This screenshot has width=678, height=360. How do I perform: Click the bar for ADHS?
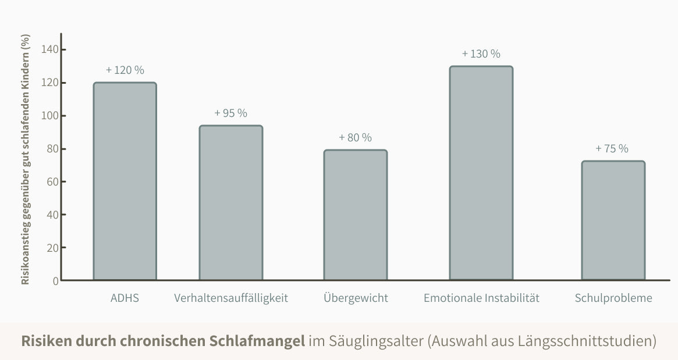pyautogui.click(x=125, y=181)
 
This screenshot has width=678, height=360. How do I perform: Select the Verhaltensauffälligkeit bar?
pyautogui.click(x=231, y=202)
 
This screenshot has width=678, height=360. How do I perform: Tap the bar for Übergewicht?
pyautogui.click(x=356, y=215)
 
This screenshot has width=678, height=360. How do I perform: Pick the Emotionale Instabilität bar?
pyautogui.click(x=481, y=173)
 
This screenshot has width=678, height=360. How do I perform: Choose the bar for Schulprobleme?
pyautogui.click(x=613, y=220)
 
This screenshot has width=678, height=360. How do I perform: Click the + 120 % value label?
pyautogui.click(x=125, y=70)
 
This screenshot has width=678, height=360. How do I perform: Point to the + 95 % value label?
pyautogui.click(x=231, y=113)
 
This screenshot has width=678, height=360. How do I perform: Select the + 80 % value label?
pyautogui.click(x=355, y=138)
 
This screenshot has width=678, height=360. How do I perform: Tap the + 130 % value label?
pyautogui.click(x=481, y=54)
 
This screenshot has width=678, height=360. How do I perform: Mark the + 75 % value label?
pyautogui.click(x=612, y=148)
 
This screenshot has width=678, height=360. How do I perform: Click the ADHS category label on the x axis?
pyautogui.click(x=125, y=298)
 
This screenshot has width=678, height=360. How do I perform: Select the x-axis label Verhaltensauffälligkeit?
pyautogui.click(x=231, y=298)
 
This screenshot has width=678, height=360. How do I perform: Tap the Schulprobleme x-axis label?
pyautogui.click(x=613, y=298)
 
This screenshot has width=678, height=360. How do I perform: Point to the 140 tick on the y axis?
pyautogui.click(x=50, y=49)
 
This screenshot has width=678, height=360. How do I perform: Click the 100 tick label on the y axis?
pyautogui.click(x=50, y=116)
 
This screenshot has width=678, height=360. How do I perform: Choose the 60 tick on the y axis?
pyautogui.click(x=52, y=181)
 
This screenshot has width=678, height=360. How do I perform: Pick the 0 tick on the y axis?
pyautogui.click(x=56, y=281)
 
